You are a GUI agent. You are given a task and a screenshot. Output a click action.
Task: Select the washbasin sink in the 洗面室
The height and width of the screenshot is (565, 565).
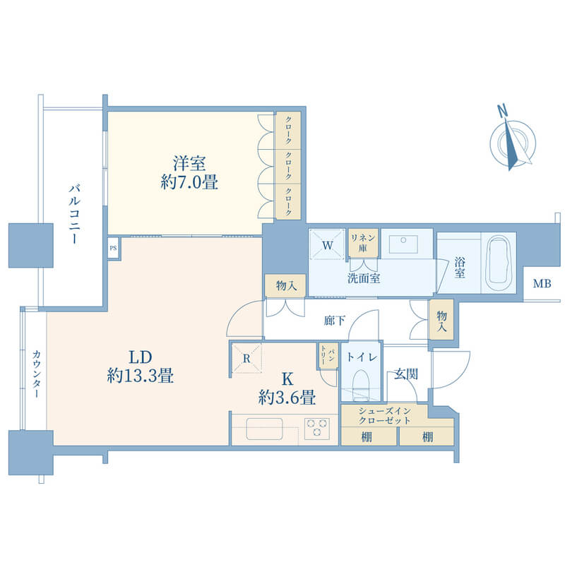pyautogui.click(x=403, y=244)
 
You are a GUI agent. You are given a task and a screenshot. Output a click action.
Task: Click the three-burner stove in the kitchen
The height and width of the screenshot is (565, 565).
pyautogui.click(x=317, y=429)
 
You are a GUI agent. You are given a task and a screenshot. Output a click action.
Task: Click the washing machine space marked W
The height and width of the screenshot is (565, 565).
pyautogui.click(x=328, y=244)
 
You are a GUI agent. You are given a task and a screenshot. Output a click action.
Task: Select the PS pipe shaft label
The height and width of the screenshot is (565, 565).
pyautogui.click(x=113, y=248)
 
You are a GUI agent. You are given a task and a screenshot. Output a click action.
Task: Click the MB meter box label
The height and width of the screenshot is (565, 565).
pyautogui.click(x=542, y=284)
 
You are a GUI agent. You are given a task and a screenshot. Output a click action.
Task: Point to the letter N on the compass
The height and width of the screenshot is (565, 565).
pyautogui.click(x=502, y=111)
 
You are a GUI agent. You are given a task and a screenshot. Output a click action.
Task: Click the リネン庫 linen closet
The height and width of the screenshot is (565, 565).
pyautogui.click(x=363, y=242)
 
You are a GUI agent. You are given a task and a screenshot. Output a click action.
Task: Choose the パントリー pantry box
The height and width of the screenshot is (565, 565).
pyautogui.click(x=328, y=355)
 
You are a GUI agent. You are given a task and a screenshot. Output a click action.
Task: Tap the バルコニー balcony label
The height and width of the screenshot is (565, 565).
pyautogui.click(x=75, y=214)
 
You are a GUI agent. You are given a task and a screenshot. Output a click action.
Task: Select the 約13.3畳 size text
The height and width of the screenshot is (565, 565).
pyautogui.click(x=141, y=376)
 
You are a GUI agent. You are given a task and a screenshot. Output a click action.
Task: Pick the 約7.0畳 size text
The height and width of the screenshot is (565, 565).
pyautogui.click(x=189, y=182)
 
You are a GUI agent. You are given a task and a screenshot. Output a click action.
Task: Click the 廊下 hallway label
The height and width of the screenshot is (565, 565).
pyautogui.click(x=335, y=321)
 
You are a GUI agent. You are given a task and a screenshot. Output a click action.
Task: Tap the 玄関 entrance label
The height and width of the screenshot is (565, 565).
pyautogui.click(x=405, y=374)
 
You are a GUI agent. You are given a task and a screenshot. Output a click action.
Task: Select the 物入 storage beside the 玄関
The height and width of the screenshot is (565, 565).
pyautogui.click(x=441, y=319)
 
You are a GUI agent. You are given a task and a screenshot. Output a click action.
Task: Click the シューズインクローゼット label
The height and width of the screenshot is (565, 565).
pyautogui.click(x=385, y=415)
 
